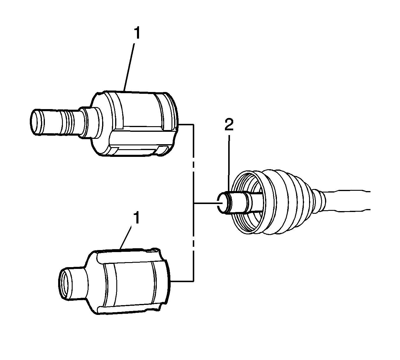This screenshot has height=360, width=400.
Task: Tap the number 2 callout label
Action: tap(229, 125)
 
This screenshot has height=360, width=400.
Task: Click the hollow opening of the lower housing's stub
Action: tap(64, 284)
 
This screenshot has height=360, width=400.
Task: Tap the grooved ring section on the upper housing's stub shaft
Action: tap(68, 123)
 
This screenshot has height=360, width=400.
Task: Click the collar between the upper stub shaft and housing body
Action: tap(90, 123)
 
